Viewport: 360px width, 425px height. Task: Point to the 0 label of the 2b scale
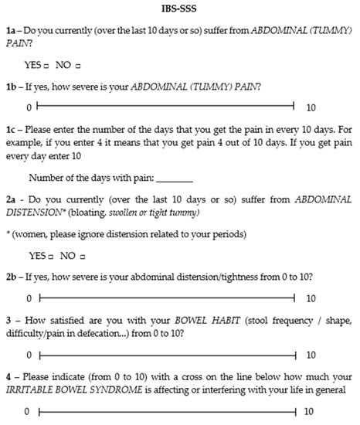point(29,297)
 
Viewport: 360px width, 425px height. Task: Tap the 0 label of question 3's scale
point(29,355)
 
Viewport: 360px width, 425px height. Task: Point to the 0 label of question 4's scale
point(29,413)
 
